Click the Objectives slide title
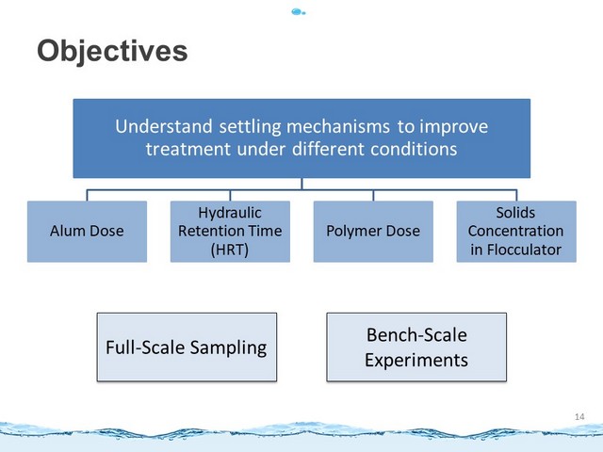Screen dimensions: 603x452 tap(112, 51)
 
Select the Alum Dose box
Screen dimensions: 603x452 tap(87, 232)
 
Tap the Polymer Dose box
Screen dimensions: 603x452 tap(373, 232)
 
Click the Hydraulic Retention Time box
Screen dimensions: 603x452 tap(230, 232)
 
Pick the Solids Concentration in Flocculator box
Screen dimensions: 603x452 tap(516, 232)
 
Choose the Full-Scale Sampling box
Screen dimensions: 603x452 tap(187, 347)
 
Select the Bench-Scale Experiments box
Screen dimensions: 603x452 tap(416, 347)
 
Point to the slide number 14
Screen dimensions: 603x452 tap(579, 416)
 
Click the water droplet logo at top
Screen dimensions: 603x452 tap(299, 12)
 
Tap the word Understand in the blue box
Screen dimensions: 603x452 tap(164, 126)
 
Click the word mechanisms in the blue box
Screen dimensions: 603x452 tap(338, 127)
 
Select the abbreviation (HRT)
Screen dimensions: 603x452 tap(230, 250)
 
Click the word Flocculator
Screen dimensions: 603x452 tap(524, 250)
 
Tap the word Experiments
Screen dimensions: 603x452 tap(416, 361)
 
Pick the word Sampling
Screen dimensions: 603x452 tap(228, 348)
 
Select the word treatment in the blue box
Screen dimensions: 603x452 tap(188, 149)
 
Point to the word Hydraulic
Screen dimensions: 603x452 tap(230, 214)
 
